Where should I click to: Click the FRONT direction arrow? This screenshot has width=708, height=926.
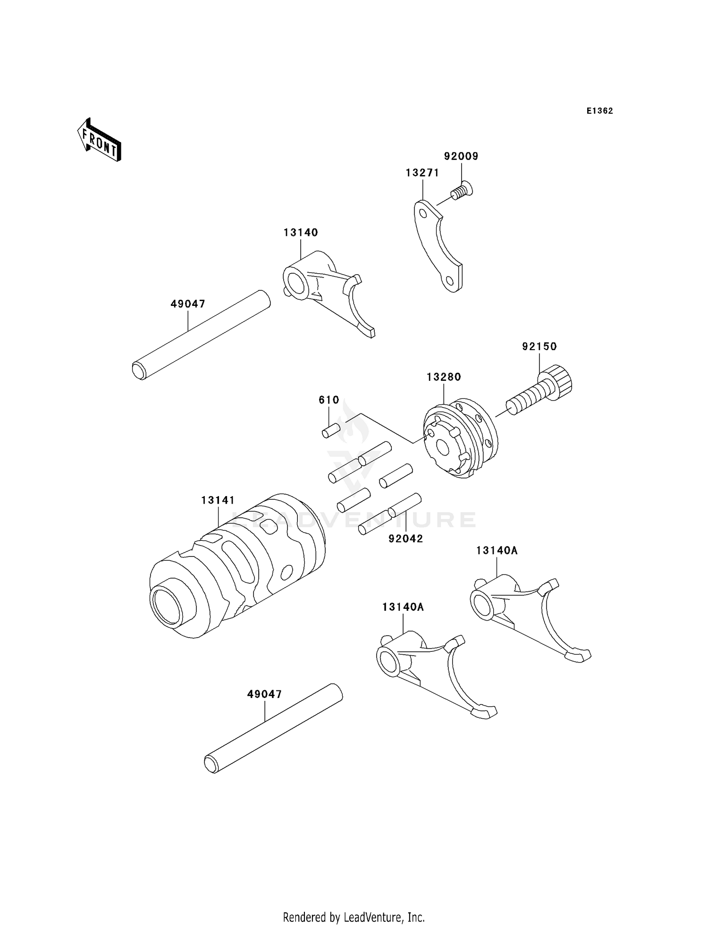tap(100, 142)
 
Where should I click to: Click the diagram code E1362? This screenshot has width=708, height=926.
tap(599, 111)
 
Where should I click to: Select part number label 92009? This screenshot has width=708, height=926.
tap(461, 156)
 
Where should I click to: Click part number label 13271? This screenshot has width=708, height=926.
tap(422, 173)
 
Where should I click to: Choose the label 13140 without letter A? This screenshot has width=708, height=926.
tap(301, 232)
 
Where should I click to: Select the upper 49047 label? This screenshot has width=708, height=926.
tap(188, 304)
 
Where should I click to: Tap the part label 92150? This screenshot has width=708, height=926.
tap(539, 346)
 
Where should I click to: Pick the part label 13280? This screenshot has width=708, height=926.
tap(444, 377)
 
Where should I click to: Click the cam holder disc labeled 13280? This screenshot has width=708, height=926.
tap(460, 439)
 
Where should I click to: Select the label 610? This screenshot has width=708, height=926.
tap(329, 400)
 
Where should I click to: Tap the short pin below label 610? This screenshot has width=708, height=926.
tap(331, 430)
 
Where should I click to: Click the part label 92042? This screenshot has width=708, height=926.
tap(405, 539)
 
